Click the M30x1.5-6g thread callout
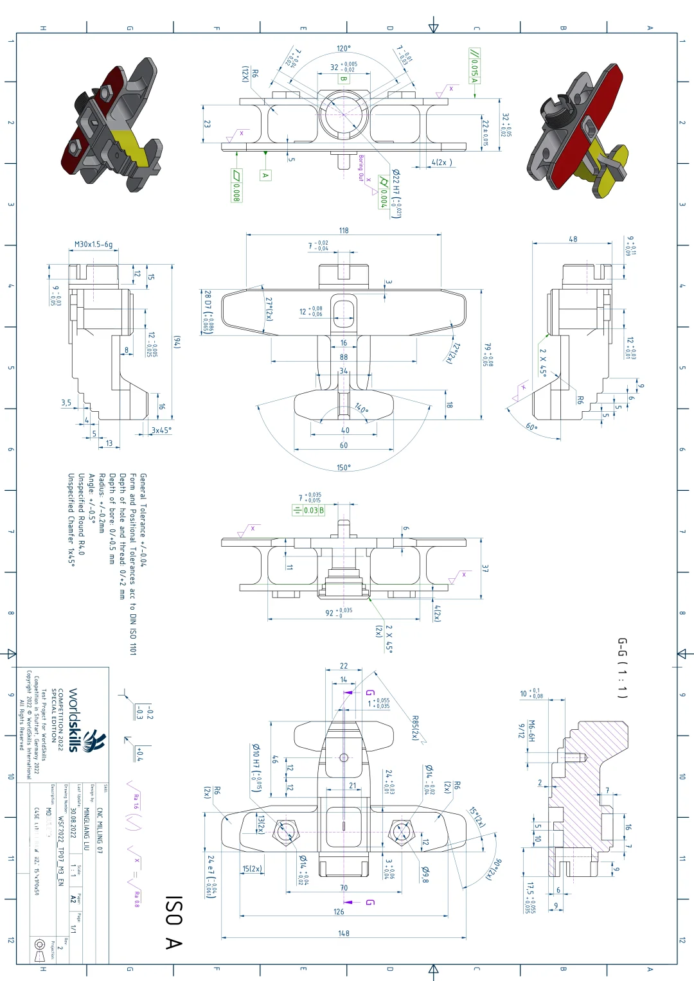pos(93,244)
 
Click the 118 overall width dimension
pos(344,230)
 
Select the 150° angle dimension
pos(344,468)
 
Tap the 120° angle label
pos(344,49)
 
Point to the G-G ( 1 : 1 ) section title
pos(622,668)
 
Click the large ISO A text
pos(173,923)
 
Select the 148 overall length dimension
pos(344,933)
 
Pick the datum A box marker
pos(265,175)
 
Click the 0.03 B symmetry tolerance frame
pos(308,510)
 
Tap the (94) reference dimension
pos(177,342)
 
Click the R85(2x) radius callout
pos(415,728)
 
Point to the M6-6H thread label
pos(531,730)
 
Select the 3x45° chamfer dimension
pos(161,430)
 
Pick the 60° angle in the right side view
pos(531,427)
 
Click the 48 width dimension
pos(573,239)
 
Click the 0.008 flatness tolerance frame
pos(236,186)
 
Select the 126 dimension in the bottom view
pos(339,911)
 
